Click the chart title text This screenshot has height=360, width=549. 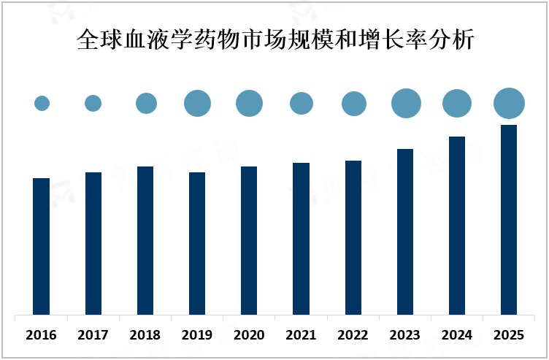coord(275,39)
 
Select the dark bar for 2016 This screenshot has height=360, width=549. coord(42,246)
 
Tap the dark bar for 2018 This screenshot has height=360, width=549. coord(145,241)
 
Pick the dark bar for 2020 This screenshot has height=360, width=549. coord(249,241)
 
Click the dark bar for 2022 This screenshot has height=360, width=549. coord(353,238)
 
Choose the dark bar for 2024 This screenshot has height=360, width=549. coord(457,226)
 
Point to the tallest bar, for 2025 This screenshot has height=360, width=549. coord(509,220)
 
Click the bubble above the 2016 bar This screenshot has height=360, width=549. coord(42,103)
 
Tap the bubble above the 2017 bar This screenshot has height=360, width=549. coord(93,103)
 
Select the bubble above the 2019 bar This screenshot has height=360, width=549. coord(197,103)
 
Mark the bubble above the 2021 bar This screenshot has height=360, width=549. coord(302,103)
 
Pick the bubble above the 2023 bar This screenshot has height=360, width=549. coord(406,103)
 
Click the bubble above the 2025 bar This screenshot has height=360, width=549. coord(509,103)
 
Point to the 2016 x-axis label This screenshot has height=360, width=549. coord(41,335)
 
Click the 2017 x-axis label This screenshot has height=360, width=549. coord(93,335)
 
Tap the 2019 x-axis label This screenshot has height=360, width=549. coord(197,335)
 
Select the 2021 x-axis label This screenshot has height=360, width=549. coord(302,335)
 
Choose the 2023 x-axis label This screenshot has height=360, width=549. coord(405,335)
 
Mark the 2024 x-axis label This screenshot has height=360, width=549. coord(457,335)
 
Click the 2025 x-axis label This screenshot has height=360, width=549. coord(509,335)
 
